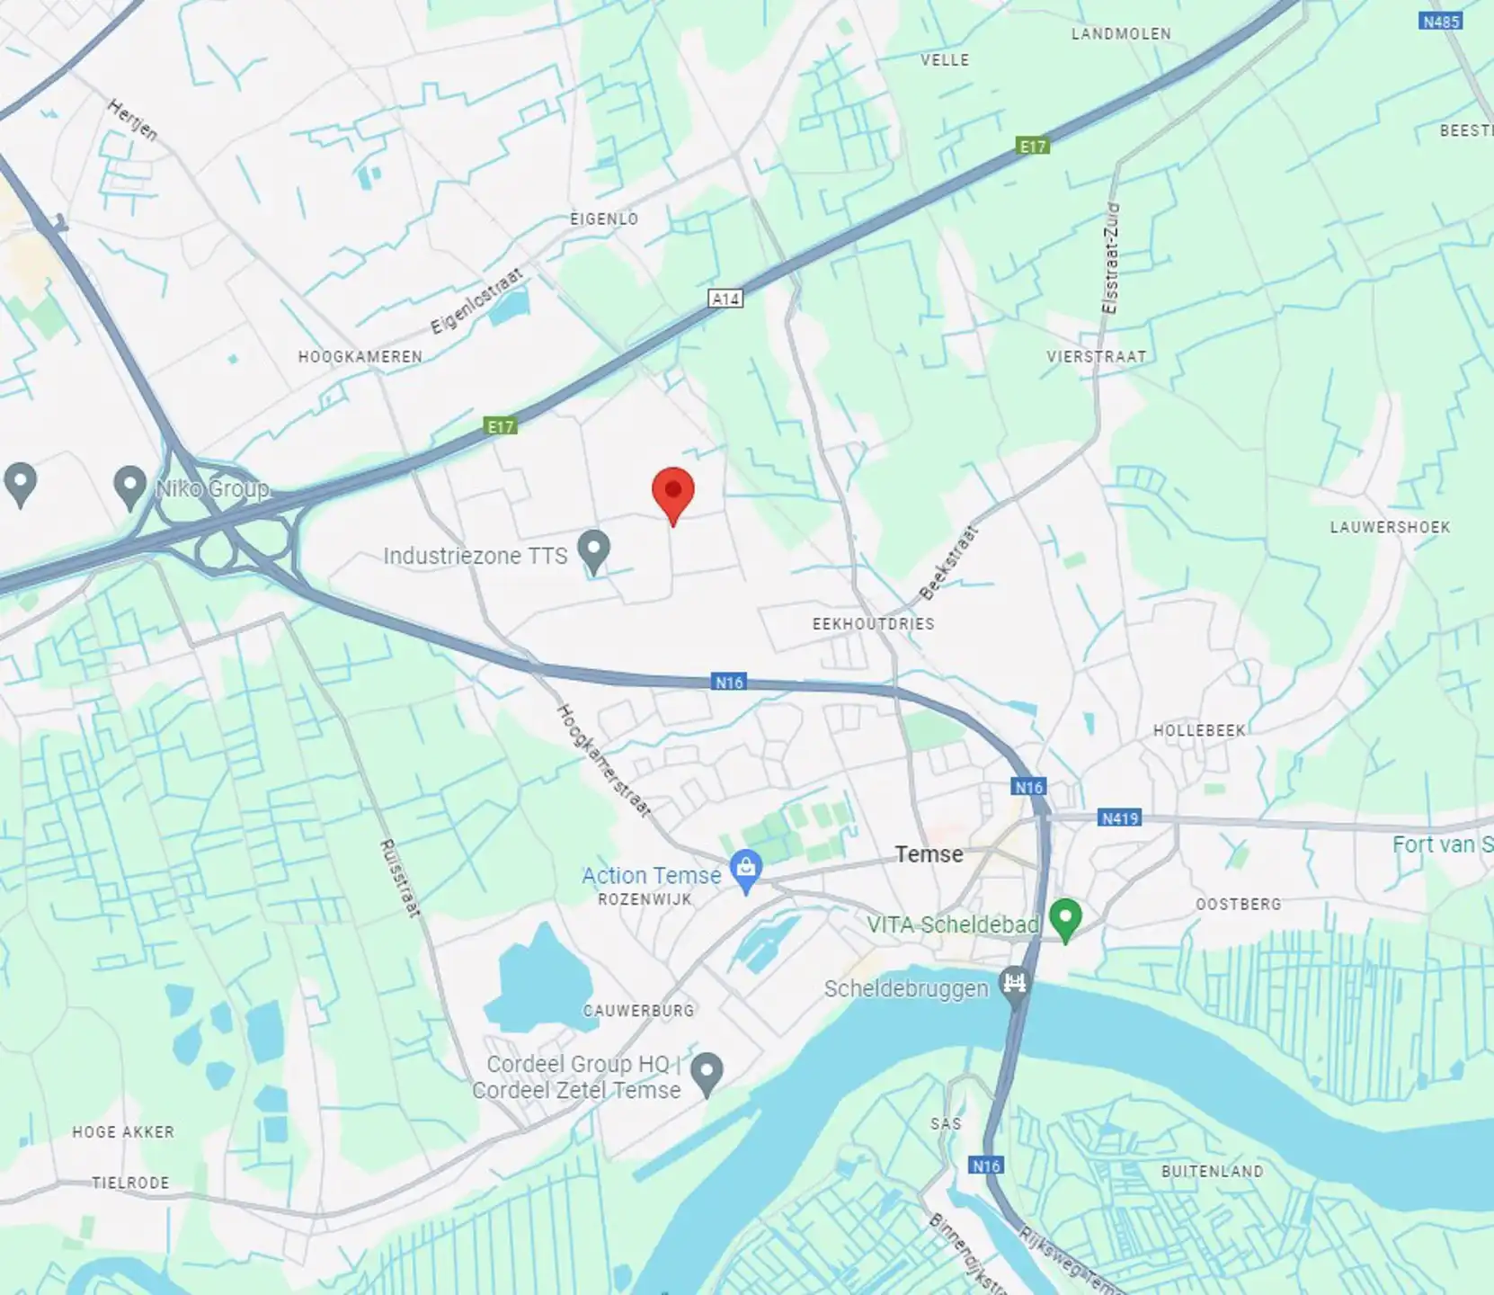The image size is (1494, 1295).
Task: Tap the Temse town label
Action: pos(929,854)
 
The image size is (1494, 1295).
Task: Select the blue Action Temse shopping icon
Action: pos(745,870)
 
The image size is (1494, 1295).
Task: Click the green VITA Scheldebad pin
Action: pos(1065,919)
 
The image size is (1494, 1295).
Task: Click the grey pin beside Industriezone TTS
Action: pos(593,549)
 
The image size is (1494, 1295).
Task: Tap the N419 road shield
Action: pos(1120,818)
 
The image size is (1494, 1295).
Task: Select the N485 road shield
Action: pos(1440,21)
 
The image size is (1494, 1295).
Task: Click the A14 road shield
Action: pos(725,299)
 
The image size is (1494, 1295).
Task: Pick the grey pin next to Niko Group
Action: pos(130,486)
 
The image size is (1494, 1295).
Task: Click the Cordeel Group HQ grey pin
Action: pos(707,1072)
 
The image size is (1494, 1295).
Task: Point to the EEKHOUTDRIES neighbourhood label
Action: pos(873,624)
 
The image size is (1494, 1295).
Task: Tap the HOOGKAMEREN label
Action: pos(360,357)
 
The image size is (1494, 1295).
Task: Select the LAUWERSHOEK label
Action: pos(1390,527)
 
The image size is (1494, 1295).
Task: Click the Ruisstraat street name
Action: pos(399,878)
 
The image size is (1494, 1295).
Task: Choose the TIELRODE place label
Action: pos(130,1183)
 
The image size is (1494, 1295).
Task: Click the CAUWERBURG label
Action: pos(638,1011)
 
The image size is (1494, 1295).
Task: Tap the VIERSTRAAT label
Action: pos(1096,357)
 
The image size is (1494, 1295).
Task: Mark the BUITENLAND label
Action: pos(1212,1171)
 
